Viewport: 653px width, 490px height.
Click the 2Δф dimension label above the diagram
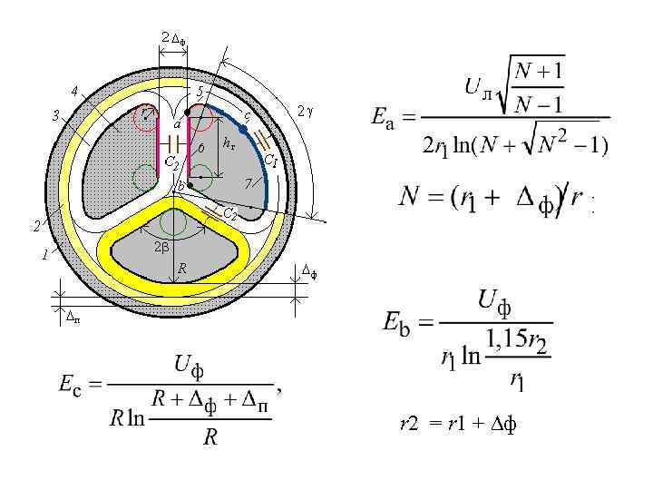[172, 38]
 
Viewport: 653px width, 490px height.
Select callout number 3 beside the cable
[55, 115]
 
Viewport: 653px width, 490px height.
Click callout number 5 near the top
[200, 91]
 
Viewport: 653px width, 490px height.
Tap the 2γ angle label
[305, 111]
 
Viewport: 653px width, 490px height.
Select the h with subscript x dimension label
[229, 144]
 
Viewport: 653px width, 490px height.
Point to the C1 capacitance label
[270, 161]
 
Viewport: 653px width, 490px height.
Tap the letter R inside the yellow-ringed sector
[181, 269]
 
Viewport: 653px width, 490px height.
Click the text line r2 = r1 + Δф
[458, 423]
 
